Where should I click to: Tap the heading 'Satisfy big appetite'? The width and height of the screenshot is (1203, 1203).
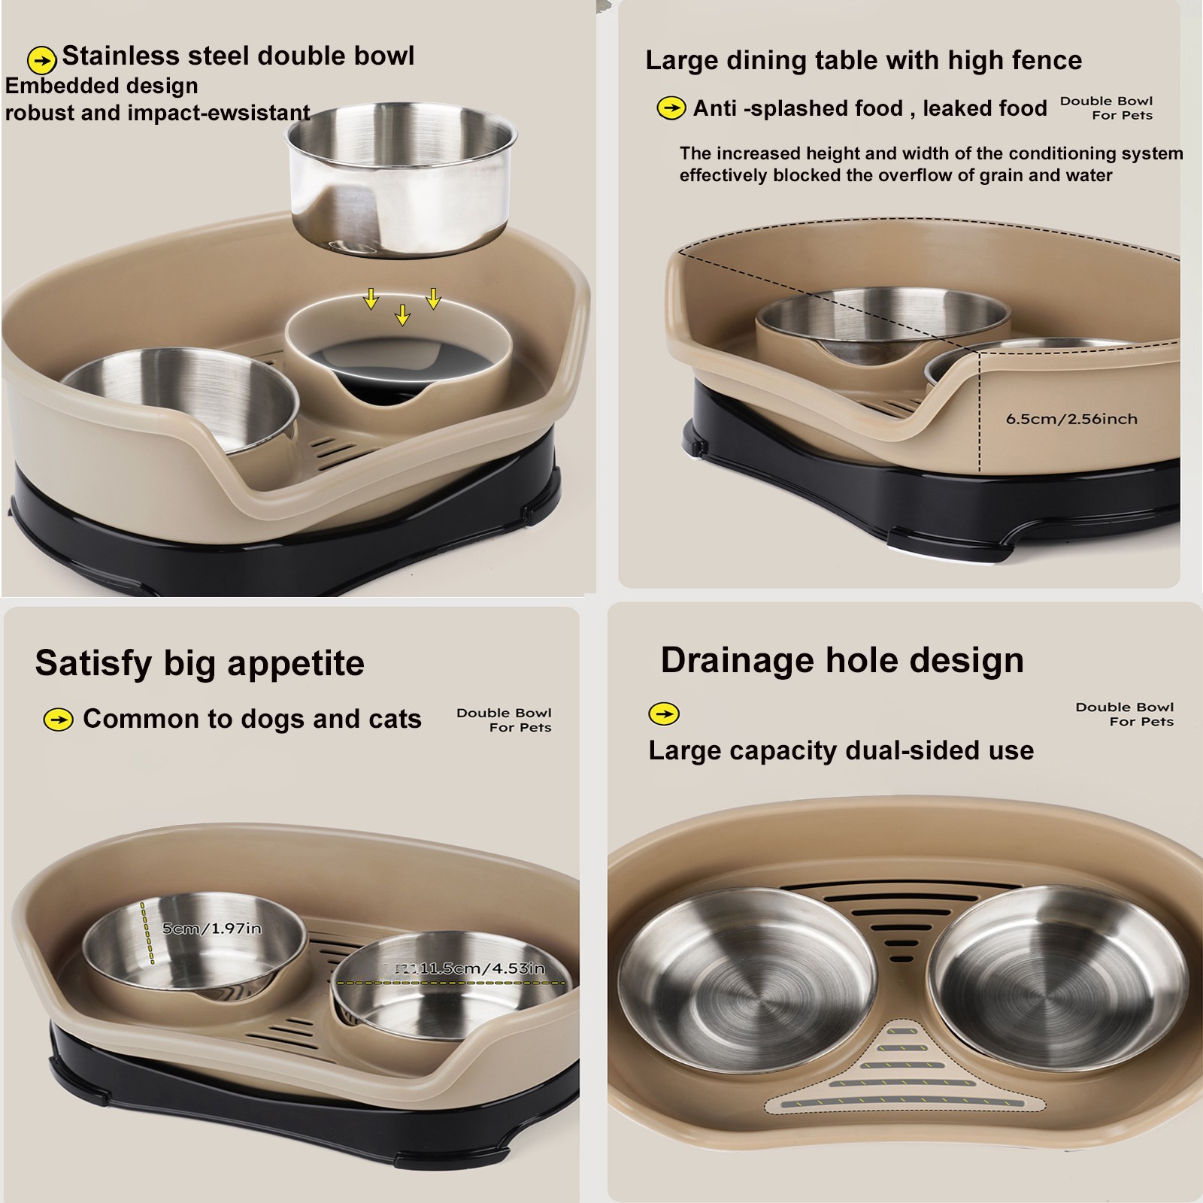point(199,663)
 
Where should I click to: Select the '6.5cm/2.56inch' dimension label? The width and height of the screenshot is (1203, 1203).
point(1071,419)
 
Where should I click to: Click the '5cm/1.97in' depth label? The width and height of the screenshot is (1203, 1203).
point(212,929)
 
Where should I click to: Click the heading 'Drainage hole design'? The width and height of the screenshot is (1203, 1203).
point(842,660)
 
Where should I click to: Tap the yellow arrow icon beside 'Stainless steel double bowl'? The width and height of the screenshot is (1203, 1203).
point(42,59)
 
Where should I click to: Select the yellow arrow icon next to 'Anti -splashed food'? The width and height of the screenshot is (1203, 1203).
point(671,108)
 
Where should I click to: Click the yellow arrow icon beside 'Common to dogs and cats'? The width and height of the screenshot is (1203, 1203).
point(59,720)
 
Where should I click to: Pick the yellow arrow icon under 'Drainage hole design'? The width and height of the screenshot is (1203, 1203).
point(664,714)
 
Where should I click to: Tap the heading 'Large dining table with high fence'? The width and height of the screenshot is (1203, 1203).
point(863,60)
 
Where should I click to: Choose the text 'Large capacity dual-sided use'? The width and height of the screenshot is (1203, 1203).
point(841,750)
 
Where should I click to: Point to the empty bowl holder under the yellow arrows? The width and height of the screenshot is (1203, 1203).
point(398,353)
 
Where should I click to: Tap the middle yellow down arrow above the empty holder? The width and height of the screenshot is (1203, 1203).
point(403,314)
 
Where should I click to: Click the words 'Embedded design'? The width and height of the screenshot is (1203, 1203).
point(102,86)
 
